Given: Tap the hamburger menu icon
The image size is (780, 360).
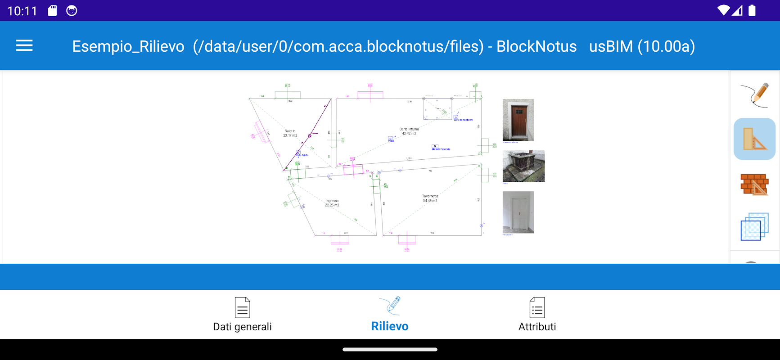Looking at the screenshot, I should coord(24,45).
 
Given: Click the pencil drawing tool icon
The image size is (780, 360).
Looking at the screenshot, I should coord(755,94).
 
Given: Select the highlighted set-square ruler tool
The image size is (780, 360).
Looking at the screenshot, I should coord(754,139).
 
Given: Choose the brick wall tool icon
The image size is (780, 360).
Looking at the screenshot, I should coord(754,184).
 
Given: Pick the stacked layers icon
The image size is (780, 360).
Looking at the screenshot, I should coord(754,226).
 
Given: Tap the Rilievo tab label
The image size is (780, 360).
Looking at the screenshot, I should coord(389,326).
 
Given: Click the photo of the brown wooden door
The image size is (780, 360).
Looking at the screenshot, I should coord(518,120).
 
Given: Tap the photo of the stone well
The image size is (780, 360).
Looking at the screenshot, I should coord(523,166).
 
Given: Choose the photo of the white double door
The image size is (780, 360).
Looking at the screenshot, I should coord(518,212).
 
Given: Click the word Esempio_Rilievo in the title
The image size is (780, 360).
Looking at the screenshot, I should coord(128,46).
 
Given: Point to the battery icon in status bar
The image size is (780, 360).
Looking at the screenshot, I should coord(752,10).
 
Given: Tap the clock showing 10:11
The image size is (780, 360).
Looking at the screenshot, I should coord(22,11).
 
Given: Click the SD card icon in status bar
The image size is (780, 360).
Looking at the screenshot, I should coord(53,11).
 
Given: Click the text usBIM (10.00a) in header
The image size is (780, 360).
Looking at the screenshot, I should coord(642,46).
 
